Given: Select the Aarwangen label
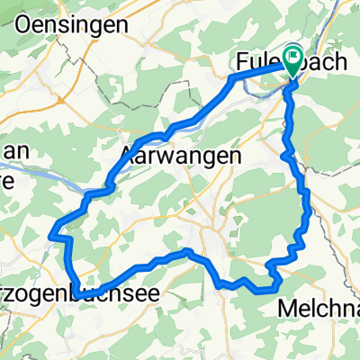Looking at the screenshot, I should (180, 155).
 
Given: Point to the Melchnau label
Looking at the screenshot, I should (321, 309).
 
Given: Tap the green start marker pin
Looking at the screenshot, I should (294, 60).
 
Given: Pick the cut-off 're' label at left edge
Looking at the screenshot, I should (7, 175).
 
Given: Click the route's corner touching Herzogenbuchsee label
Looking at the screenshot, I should (77, 293).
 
